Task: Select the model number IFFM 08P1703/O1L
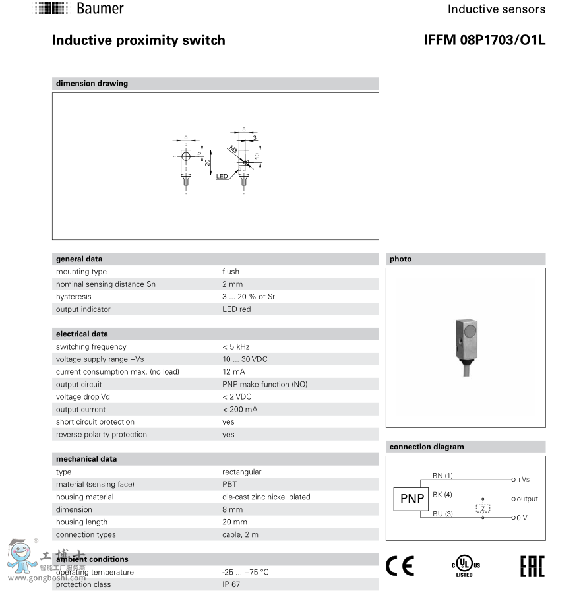(485, 40)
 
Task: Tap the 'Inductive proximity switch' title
(138, 40)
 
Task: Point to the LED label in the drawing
(222, 177)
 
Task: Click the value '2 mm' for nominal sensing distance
(232, 284)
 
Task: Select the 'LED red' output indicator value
(236, 309)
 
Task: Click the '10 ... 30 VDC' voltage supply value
(245, 359)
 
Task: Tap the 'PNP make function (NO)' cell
(264, 385)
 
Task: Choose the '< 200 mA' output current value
(239, 410)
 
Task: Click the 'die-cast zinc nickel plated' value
(266, 497)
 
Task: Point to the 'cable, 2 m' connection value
(240, 535)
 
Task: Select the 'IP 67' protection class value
(231, 584)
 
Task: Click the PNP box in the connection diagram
(412, 499)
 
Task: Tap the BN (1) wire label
(442, 476)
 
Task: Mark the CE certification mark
(400, 565)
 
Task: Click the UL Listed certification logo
(465, 565)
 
